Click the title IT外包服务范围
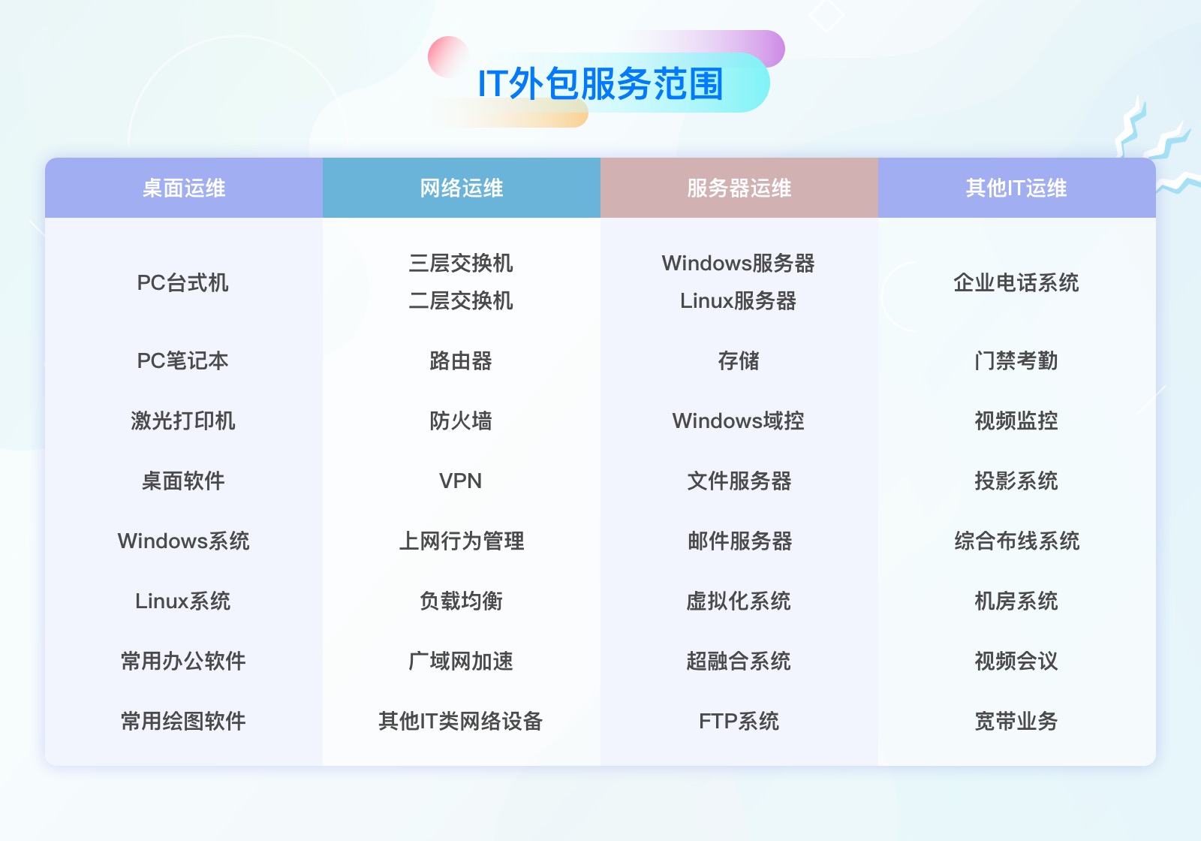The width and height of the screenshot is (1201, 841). pyautogui.click(x=600, y=83)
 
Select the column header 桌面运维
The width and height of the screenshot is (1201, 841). pyautogui.click(x=184, y=188)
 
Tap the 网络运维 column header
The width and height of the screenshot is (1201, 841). pyautogui.click(x=462, y=188)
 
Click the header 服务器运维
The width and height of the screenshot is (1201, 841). pyautogui.click(x=739, y=188)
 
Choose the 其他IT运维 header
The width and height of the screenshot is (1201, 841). pyautogui.click(x=1016, y=188)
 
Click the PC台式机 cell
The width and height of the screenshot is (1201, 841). pyautogui.click(x=183, y=283)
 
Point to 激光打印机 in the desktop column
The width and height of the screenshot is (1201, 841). pyautogui.click(x=183, y=420)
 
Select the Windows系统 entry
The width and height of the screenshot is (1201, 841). pyautogui.click(x=183, y=541)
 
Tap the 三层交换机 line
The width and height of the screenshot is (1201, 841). pyautogui.click(x=461, y=263)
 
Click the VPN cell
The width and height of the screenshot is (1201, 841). pyautogui.click(x=461, y=481)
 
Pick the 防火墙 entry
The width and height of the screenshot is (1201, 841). pyautogui.click(x=461, y=420)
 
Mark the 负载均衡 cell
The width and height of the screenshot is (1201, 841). pyautogui.click(x=461, y=601)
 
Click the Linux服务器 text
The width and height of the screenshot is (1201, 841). pyautogui.click(x=739, y=300)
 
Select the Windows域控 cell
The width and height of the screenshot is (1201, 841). pyautogui.click(x=739, y=420)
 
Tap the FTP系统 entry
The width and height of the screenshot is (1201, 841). pyautogui.click(x=739, y=721)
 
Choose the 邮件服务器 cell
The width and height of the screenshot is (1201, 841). pyautogui.click(x=739, y=541)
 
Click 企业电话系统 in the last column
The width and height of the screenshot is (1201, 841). pyautogui.click(x=1016, y=283)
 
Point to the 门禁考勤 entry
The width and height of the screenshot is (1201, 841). pyautogui.click(x=1016, y=360)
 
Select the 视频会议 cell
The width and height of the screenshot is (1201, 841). pyautogui.click(x=1016, y=661)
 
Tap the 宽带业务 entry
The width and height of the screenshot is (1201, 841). pyautogui.click(x=1016, y=721)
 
